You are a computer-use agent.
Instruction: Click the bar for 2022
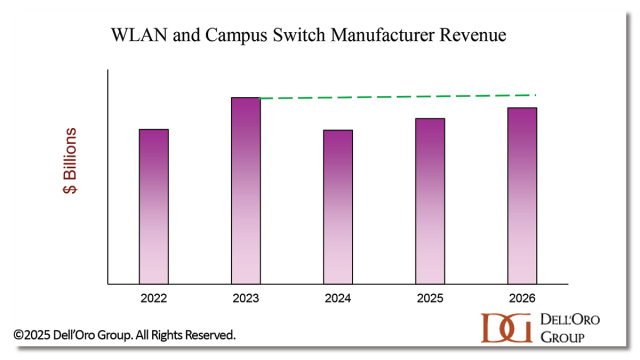pos(153,206)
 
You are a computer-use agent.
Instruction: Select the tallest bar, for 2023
pos(246,190)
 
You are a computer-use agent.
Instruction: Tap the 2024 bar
pos(338,207)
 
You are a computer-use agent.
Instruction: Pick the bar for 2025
pos(430,201)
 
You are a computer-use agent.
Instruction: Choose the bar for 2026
pos(522,195)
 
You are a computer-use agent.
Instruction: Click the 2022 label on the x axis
pos(153,298)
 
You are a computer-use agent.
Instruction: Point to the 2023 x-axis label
pos(246,298)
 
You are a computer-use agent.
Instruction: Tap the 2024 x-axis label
pos(338,298)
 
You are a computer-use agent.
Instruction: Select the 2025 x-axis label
pos(430,298)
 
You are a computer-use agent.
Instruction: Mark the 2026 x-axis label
pos(522,298)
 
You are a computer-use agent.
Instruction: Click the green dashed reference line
pos(400,96)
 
